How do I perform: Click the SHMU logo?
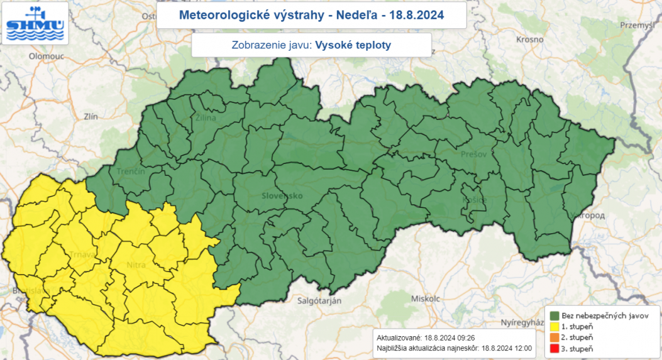pyautogui.click(x=35, y=24)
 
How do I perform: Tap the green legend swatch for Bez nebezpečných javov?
pyautogui.click(x=555, y=315)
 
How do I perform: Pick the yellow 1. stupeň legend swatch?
pyautogui.click(x=555, y=327)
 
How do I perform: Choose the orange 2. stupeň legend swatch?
pyautogui.click(x=555, y=337)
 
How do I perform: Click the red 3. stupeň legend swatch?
pyautogui.click(x=555, y=348)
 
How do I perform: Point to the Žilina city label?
pyautogui.click(x=205, y=117)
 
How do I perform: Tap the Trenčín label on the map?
pyautogui.click(x=131, y=172)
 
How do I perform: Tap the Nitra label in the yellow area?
pyautogui.click(x=136, y=265)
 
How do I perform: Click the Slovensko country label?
pyautogui.click(x=282, y=196)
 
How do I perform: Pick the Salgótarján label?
pyautogui.click(x=320, y=301)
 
